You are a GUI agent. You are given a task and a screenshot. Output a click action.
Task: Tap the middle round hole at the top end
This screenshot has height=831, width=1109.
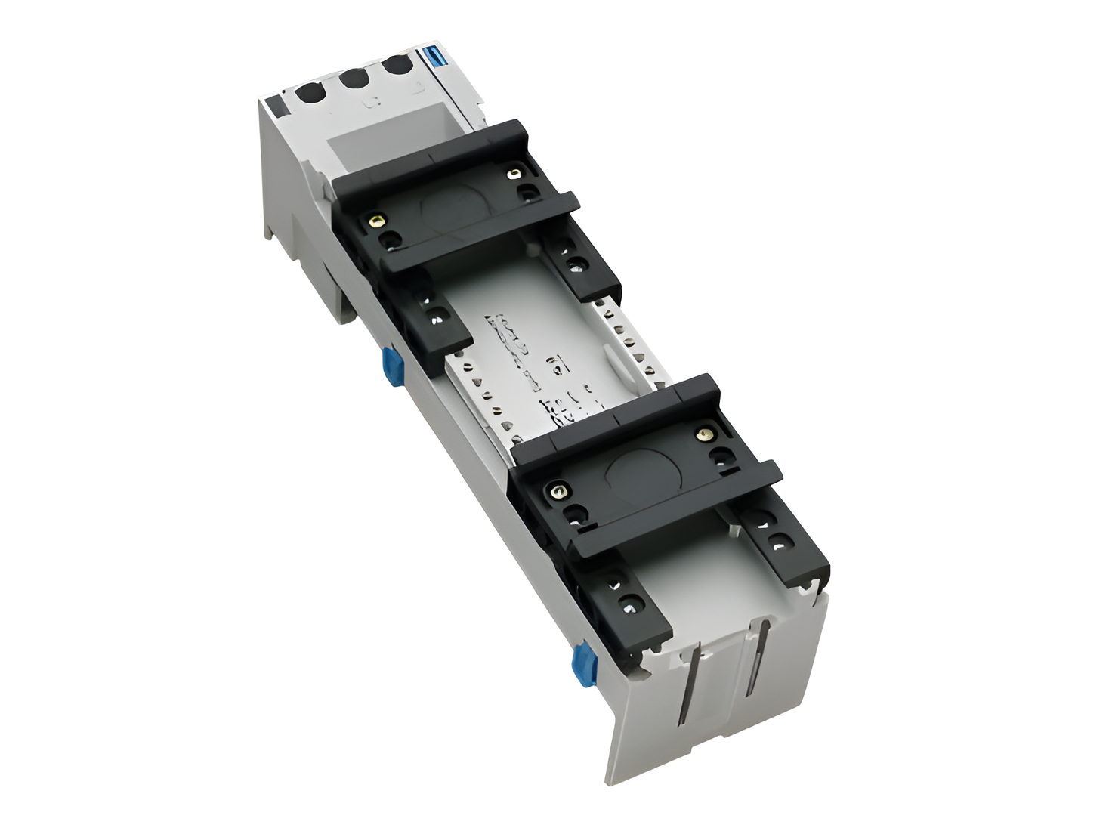point(353,79)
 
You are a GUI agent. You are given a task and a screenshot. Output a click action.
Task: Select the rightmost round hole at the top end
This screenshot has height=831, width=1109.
point(397,66)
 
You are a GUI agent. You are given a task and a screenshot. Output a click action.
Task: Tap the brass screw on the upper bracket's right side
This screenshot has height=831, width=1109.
point(514,175)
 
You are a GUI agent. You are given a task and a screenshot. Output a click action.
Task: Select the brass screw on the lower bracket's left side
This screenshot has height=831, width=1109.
point(558,492)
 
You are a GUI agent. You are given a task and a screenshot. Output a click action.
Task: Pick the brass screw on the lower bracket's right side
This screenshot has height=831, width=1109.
point(706,434)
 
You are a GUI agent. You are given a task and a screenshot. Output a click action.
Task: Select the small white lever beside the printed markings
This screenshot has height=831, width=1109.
point(616,368)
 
